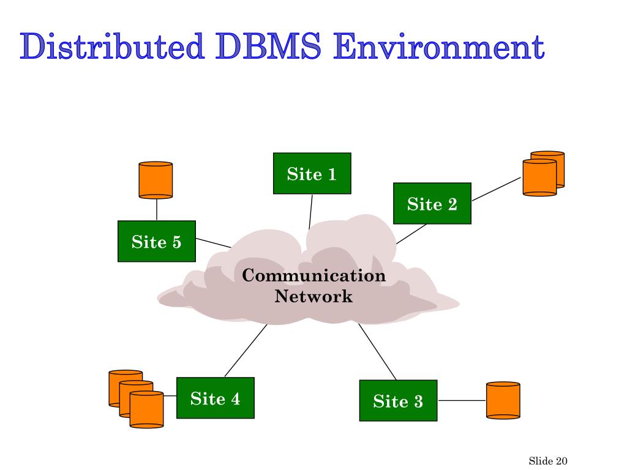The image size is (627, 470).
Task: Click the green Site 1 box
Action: (312, 173)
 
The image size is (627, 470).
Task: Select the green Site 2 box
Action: (432, 203)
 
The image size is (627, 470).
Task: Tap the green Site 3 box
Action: (398, 400)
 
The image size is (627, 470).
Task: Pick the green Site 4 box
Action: (216, 398)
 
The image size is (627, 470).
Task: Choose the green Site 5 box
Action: (157, 241)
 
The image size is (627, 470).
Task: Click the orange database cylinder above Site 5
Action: (156, 181)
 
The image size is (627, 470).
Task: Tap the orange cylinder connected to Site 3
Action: (503, 400)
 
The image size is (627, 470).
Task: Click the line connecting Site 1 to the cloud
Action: (310, 212)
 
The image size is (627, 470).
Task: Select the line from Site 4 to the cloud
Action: (246, 351)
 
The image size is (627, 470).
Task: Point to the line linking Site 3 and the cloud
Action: (377, 352)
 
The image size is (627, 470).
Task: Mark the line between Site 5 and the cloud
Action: (214, 243)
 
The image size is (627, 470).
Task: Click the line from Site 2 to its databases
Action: (496, 189)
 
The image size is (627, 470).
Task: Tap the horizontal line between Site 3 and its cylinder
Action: (462, 400)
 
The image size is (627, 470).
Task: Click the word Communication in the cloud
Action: (314, 275)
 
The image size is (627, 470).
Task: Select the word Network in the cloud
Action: (313, 297)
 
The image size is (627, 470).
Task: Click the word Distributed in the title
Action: (113, 47)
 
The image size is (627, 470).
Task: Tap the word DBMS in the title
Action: (268, 47)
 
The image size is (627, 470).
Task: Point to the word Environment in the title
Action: (439, 47)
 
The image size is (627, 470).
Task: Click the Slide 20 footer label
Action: (548, 461)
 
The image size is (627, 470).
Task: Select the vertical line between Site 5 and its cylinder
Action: (157, 210)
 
